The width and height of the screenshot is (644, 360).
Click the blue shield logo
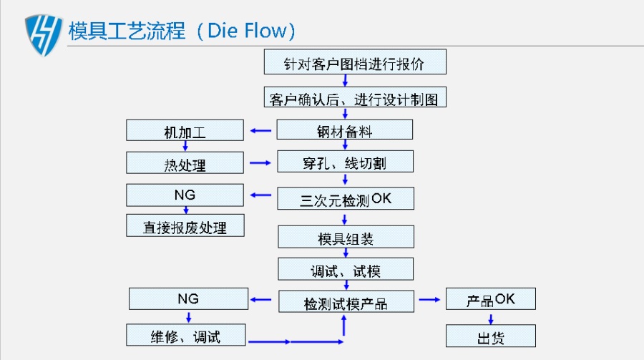point(43,35)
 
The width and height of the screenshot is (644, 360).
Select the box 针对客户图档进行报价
point(355,62)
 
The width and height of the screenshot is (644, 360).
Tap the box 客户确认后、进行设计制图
point(355,97)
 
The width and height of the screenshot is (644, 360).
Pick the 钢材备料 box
point(345,130)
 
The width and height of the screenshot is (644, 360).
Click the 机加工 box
point(185,130)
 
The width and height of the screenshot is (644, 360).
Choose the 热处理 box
point(185,162)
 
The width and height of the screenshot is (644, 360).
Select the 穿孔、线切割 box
point(346,161)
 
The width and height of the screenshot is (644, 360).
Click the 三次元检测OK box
point(346,198)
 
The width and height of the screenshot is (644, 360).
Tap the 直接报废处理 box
point(185,225)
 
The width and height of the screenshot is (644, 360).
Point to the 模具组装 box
point(346,237)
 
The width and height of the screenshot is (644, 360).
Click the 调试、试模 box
point(346,269)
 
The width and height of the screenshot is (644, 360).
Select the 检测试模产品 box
point(346,301)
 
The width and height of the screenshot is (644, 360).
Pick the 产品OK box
point(491,298)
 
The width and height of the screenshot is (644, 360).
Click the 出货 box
point(491,336)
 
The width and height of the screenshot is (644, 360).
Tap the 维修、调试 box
point(186,335)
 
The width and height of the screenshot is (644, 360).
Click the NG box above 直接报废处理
point(185,195)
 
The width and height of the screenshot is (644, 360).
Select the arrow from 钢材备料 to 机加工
point(260,131)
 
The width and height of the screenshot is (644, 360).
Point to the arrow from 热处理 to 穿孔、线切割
point(260,162)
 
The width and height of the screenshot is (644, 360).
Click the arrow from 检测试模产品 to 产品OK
point(429,300)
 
